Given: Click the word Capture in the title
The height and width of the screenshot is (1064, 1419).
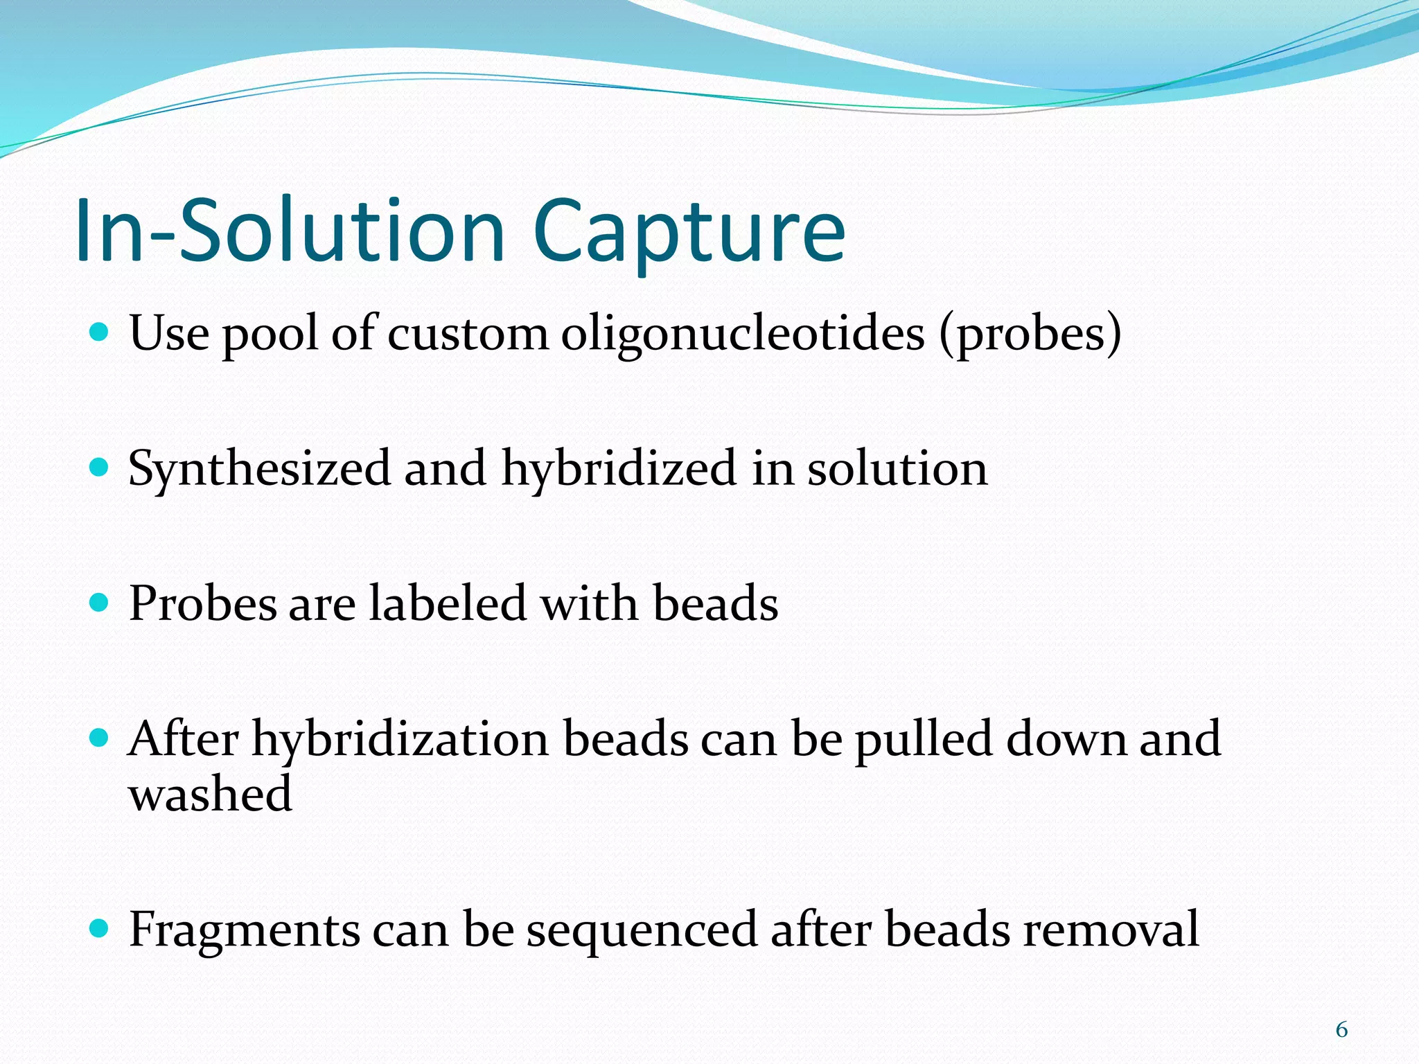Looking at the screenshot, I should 689,232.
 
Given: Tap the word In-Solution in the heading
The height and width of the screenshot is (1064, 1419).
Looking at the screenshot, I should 291,232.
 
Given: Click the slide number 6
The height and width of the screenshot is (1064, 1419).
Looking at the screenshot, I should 1341,1030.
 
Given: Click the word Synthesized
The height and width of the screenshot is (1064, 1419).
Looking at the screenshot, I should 259,470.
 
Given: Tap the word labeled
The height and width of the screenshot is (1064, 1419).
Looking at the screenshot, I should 448,603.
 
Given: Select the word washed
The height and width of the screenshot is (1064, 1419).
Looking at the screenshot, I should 210,794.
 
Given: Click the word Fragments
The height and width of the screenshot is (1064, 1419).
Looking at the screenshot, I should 245,930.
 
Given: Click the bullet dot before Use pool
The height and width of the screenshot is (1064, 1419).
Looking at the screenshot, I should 100,332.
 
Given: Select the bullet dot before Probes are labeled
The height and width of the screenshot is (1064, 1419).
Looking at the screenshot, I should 100,602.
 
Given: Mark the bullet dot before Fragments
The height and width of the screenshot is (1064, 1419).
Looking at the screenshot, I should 100,928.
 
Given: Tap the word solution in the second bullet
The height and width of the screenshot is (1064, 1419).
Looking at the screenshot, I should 897,470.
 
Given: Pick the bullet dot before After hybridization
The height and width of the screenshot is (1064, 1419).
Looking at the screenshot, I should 100,737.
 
